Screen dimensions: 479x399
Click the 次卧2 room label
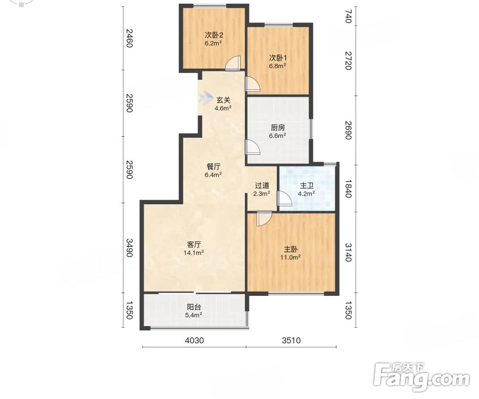213,35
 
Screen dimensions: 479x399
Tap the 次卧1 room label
278,57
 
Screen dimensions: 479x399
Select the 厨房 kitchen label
278,128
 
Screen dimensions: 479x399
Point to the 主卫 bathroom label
307,186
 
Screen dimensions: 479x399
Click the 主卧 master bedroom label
291,249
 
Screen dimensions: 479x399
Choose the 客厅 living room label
194,245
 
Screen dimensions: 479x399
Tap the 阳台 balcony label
194,307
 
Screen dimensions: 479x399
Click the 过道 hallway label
262,185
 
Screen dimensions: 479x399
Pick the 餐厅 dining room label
213,167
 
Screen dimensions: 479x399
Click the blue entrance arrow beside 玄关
206,98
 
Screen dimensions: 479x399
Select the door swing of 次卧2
233,63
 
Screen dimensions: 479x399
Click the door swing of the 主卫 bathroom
284,198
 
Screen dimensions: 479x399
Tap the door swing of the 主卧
264,219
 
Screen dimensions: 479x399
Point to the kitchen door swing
252,147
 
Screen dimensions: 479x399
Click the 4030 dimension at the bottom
194,340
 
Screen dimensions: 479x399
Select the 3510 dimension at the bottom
291,340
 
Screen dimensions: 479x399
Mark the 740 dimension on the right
348,16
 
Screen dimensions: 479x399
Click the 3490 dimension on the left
129,248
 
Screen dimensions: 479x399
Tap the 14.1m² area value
194,253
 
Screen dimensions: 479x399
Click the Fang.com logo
422,377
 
